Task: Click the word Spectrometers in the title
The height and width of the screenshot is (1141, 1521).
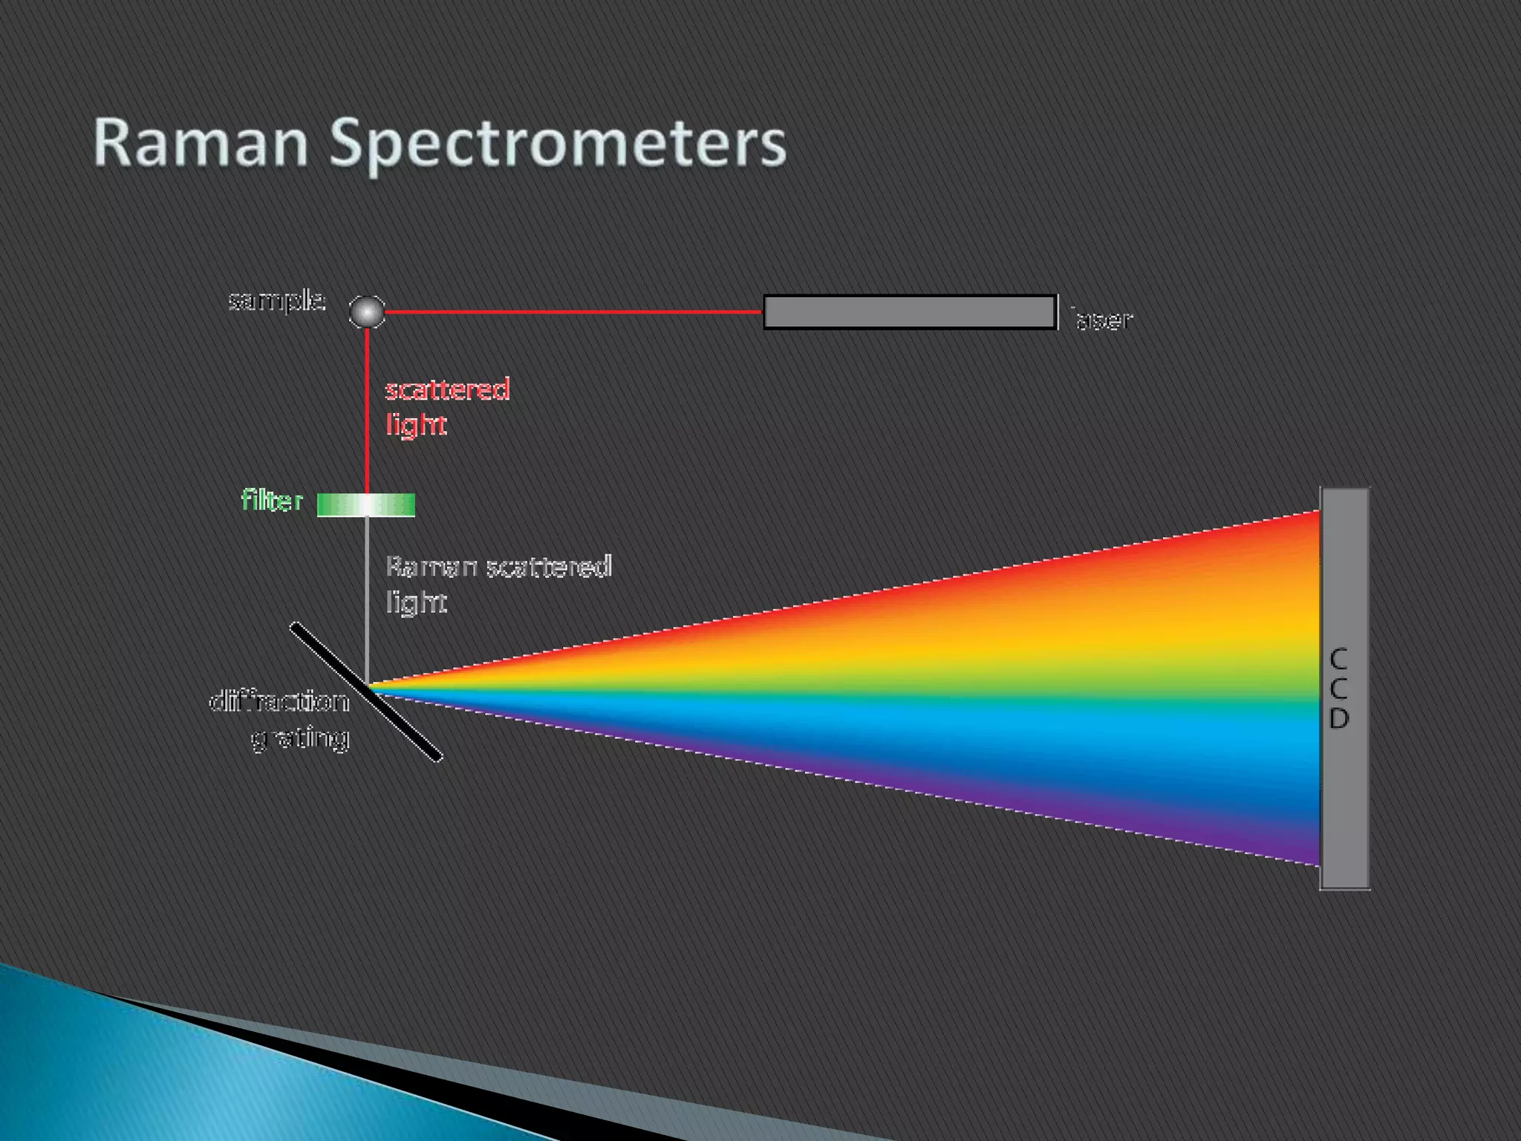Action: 557,143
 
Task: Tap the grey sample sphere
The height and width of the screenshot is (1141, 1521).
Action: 367,311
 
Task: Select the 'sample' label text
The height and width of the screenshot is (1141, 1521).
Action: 276,301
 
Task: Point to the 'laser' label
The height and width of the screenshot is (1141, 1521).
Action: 1102,320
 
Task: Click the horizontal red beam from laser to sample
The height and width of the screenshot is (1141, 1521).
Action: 572,312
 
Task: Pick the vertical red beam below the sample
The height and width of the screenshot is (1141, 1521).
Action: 367,409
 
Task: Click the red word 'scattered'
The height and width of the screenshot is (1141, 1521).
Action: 447,390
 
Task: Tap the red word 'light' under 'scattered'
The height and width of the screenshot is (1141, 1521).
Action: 416,425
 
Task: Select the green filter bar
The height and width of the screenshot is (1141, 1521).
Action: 366,505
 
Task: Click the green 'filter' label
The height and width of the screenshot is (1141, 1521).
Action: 272,501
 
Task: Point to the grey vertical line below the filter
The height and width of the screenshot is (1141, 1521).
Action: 367,594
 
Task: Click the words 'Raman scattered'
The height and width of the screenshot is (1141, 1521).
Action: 498,568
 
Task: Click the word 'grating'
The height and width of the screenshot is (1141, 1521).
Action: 300,738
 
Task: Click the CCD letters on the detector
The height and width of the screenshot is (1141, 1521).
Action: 1338,689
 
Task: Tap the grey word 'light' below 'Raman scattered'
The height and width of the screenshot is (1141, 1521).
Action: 416,602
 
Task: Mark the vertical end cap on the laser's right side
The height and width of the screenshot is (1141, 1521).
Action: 1057,312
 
